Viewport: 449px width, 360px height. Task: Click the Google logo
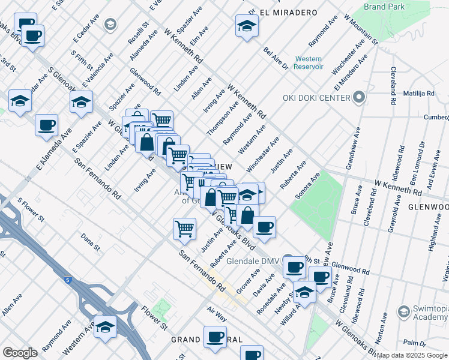point(20,353)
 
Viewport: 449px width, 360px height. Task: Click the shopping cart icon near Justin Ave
point(184,228)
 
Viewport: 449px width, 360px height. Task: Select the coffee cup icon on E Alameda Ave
point(46,126)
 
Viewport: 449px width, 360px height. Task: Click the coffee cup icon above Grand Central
point(215,337)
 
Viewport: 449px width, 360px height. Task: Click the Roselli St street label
point(140,34)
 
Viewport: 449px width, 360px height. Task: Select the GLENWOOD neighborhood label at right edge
point(429,207)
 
